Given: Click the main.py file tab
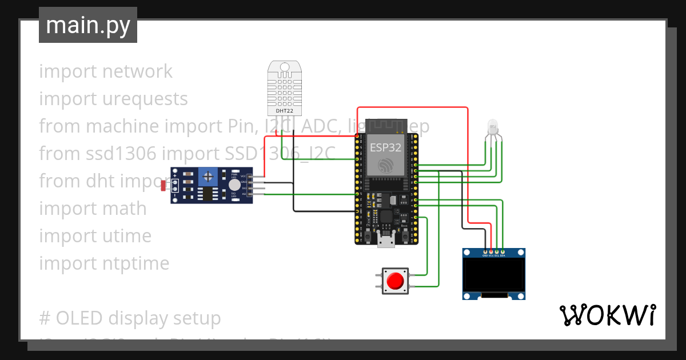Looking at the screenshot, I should pos(87,25).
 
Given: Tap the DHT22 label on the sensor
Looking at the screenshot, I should pos(284,111).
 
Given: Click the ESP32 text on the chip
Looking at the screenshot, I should pos(385,147).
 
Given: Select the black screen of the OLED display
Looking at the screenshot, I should pos(493,276).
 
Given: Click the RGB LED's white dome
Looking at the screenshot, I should pos(492,127).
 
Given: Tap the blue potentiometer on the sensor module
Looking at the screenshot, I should pos(209,177).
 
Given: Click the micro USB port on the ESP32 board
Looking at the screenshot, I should pos(386,242).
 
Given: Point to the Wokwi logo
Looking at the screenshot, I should pos(607,315).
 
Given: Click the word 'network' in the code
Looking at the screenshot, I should pos(137,71).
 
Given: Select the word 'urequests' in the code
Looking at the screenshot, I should pos(145,99).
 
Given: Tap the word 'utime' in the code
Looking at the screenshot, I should pos(127,236).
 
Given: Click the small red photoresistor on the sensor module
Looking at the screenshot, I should pos(164,185).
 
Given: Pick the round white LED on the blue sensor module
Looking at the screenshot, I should pos(234,185).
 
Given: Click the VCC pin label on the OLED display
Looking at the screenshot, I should pos(491,255).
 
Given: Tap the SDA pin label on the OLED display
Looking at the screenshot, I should pos(502,255).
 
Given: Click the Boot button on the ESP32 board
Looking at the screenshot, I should pos(404,235).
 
